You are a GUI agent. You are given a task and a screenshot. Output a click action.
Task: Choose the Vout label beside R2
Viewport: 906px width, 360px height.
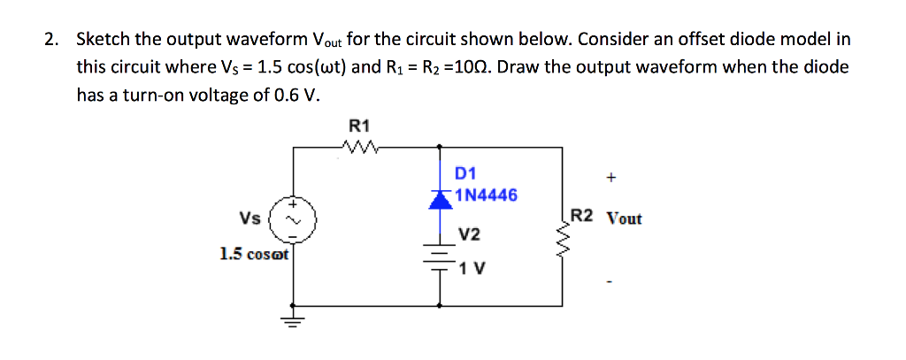[624, 218]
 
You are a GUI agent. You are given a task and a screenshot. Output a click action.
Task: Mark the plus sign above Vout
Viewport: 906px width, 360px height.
[611, 178]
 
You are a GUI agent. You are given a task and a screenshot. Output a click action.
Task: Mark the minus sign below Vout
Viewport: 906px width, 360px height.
[610, 283]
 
